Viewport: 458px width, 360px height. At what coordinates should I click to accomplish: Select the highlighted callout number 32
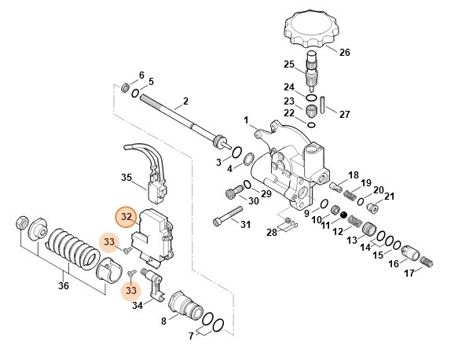click(x=126, y=216)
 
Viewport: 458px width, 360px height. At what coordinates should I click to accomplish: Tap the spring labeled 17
click(x=427, y=261)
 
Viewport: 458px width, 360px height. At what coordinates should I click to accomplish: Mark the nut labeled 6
click(x=126, y=86)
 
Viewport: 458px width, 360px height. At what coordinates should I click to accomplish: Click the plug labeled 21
click(x=372, y=208)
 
